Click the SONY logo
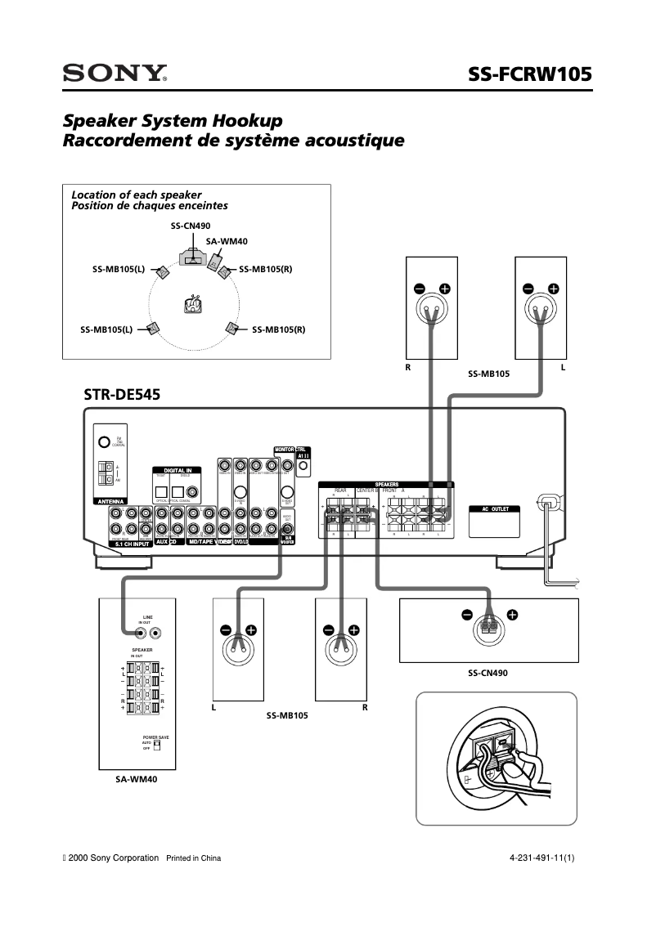tap(115, 74)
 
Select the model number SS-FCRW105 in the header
tap(529, 74)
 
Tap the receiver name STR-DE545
tap(122, 394)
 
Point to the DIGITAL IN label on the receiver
tap(177, 471)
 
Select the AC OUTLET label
tap(495, 509)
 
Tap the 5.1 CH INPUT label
tap(131, 542)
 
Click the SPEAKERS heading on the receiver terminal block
tap(387, 484)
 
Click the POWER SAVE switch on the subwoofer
tap(157, 745)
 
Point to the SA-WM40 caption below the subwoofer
tap(136, 780)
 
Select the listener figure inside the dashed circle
tap(192, 304)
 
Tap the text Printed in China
tap(194, 858)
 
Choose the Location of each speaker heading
tap(137, 195)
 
